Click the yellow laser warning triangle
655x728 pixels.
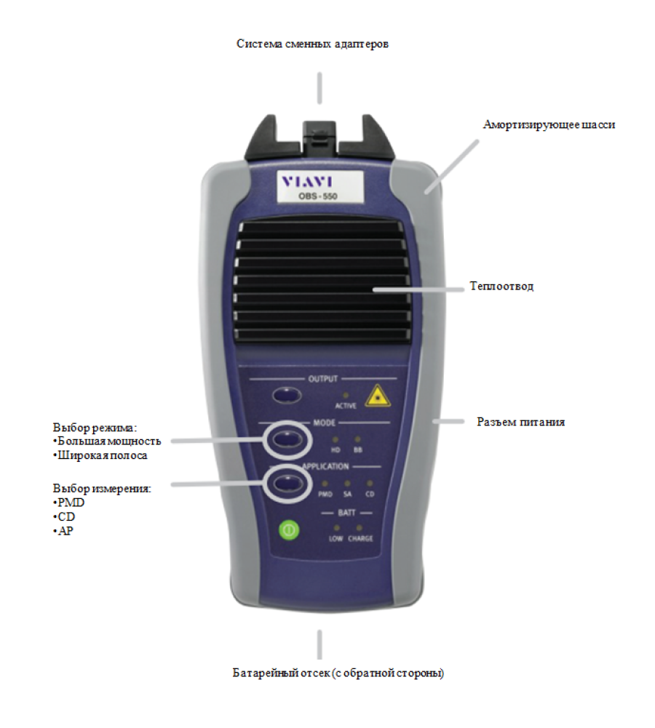tap(378, 396)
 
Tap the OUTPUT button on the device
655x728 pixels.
tap(287, 395)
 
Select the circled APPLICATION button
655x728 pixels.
tap(287, 484)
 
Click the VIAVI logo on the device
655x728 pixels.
tap(307, 182)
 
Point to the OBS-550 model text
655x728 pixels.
tap(318, 196)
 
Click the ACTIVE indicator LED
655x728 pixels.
tap(346, 396)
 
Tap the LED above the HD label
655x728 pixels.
tap(336, 439)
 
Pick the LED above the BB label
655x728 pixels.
tap(357, 439)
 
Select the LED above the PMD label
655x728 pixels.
tap(325, 484)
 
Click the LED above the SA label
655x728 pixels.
tap(347, 484)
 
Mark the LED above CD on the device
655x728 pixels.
tap(369, 484)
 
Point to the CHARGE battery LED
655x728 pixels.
tap(359, 528)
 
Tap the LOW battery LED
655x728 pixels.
tap(337, 528)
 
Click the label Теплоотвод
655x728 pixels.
tap(501, 286)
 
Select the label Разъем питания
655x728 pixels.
tap(521, 422)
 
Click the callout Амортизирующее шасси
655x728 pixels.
tap(549, 125)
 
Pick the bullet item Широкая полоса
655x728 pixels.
tap(100, 455)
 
